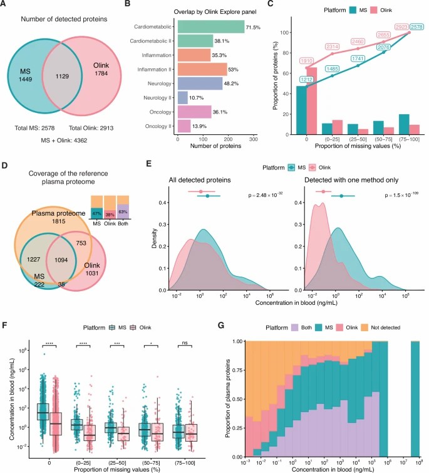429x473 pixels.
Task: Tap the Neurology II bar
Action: pos(183,97)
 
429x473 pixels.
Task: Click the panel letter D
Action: pos(7,167)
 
